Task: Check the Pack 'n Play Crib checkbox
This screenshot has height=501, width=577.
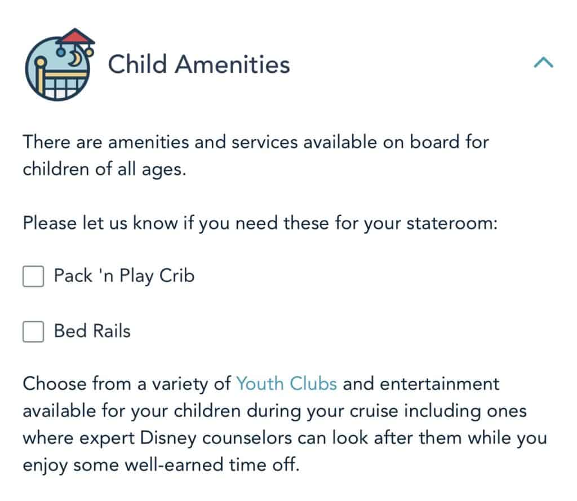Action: click(x=33, y=276)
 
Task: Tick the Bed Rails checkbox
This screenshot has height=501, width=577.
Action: click(x=33, y=332)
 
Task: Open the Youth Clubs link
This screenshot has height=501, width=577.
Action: click(x=286, y=384)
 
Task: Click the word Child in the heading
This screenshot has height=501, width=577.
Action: click(x=137, y=64)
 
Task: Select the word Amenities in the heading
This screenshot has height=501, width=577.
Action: click(x=233, y=64)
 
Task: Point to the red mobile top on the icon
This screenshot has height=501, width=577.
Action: click(x=75, y=37)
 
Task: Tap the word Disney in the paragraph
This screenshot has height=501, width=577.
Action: click(x=168, y=438)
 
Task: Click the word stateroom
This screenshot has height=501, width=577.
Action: click(x=452, y=223)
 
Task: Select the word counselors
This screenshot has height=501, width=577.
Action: click(x=247, y=438)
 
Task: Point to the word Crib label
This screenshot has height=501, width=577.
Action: click(x=177, y=275)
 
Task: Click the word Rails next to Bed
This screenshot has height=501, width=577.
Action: click(x=112, y=331)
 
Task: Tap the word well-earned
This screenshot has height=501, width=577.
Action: click(x=174, y=465)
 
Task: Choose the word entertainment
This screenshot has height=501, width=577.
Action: click(x=440, y=384)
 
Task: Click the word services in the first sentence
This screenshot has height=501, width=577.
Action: click(x=265, y=142)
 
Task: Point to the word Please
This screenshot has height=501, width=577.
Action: click(x=50, y=223)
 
